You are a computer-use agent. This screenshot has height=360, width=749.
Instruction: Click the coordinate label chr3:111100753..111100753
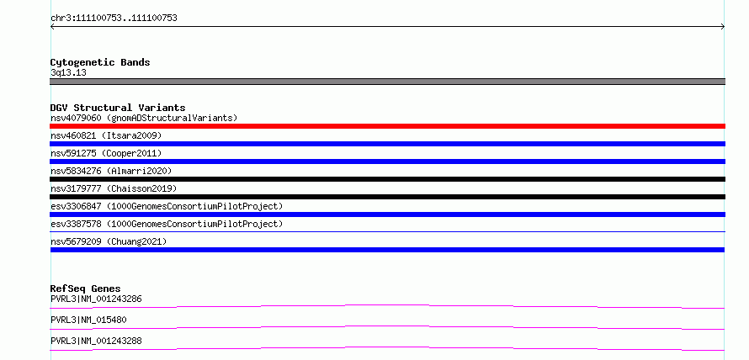click(x=114, y=19)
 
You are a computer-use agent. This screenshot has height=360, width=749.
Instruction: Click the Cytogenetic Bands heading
click(x=100, y=62)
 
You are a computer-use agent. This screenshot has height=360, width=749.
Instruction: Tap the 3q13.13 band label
click(x=68, y=73)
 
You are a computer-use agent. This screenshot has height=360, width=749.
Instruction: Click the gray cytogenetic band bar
click(x=387, y=82)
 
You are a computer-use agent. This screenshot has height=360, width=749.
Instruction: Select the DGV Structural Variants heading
click(x=118, y=108)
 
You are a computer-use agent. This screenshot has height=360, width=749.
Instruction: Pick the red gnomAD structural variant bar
click(x=387, y=126)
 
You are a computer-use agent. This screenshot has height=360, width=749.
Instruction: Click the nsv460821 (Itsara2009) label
click(x=106, y=135)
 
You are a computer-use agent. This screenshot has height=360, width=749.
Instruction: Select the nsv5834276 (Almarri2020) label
click(x=111, y=171)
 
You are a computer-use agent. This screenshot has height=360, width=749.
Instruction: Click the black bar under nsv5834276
click(x=387, y=179)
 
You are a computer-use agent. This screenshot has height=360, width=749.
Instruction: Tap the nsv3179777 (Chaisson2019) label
click(x=114, y=188)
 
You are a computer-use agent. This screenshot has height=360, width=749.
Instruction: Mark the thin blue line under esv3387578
click(x=387, y=232)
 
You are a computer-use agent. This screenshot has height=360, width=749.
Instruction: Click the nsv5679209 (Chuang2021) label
click(x=109, y=241)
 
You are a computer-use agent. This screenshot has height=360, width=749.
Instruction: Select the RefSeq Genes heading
click(x=86, y=289)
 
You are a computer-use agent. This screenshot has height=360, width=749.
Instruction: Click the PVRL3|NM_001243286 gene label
click(x=96, y=299)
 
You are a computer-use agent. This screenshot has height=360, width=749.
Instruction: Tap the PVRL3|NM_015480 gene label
click(x=88, y=320)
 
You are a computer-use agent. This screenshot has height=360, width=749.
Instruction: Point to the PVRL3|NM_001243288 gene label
click(x=96, y=341)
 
